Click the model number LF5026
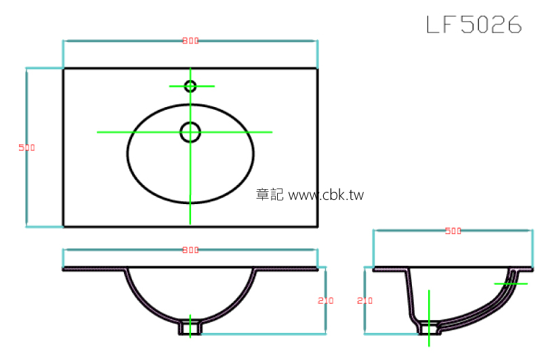tap(474, 24)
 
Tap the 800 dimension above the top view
tap(190, 41)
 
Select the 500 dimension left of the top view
tap(26, 147)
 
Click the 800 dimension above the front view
tap(190, 250)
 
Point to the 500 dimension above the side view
tap(453, 231)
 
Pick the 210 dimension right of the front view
tap(326, 300)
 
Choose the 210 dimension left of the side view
tap(365, 300)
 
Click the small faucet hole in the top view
tap(190, 86)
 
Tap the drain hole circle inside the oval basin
tap(190, 132)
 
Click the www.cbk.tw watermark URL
tap(326, 195)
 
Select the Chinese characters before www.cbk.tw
tap(270, 195)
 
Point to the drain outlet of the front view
tap(190, 327)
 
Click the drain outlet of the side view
tap(428, 328)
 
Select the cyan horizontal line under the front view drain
tap(264, 334)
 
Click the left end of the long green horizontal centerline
tap(98, 132)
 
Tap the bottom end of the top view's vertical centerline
tap(190, 222)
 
